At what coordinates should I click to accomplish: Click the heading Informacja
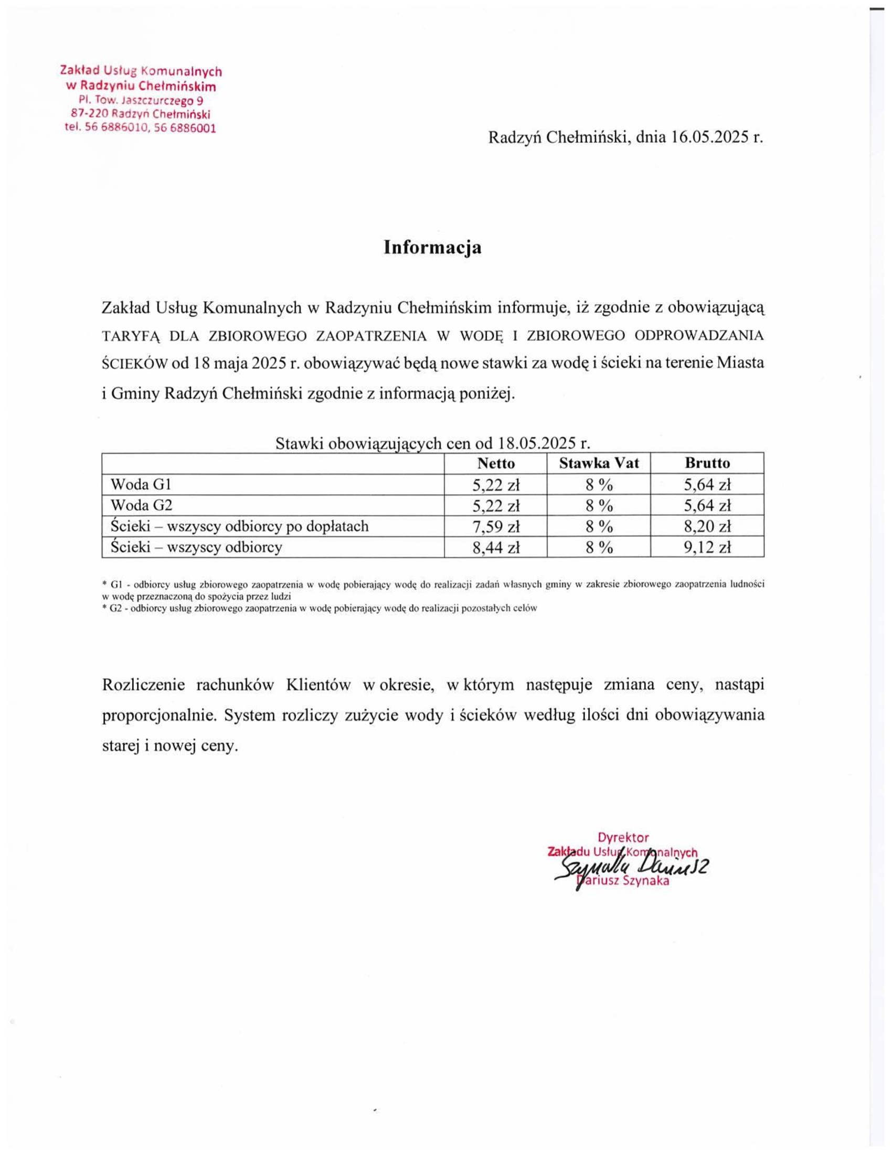pyautogui.click(x=432, y=247)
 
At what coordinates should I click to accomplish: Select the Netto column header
pyautogui.click(x=495, y=463)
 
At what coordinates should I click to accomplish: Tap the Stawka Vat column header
pyautogui.click(x=599, y=463)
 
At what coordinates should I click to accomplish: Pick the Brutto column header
pyautogui.click(x=707, y=463)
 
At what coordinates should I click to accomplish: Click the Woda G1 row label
pyautogui.click(x=141, y=484)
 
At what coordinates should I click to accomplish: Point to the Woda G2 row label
pyautogui.click(x=141, y=505)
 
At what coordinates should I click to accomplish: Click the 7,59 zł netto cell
pyautogui.click(x=496, y=526)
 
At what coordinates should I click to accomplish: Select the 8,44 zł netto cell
pyautogui.click(x=496, y=548)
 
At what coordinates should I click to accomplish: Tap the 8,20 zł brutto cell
pyautogui.click(x=707, y=526)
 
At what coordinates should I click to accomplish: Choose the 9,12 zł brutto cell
pyautogui.click(x=707, y=548)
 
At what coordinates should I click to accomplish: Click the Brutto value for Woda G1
pyautogui.click(x=707, y=485)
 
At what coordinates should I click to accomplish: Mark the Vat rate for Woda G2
pyautogui.click(x=599, y=506)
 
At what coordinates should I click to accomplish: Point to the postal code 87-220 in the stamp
pyautogui.click(x=86, y=114)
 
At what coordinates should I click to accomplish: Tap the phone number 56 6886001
pyautogui.click(x=185, y=128)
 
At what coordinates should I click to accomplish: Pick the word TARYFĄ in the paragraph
pyautogui.click(x=129, y=336)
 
